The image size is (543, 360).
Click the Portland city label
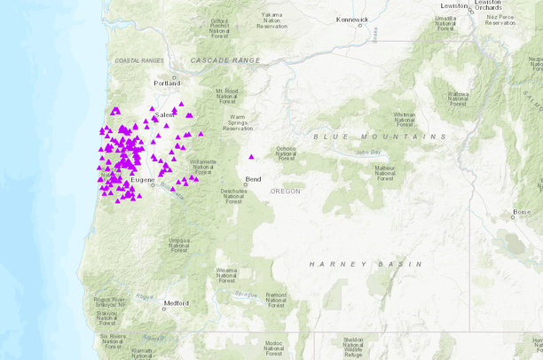click(166, 83)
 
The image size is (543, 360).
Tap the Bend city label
click(254, 179)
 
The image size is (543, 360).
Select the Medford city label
click(176, 303)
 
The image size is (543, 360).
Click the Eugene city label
click(142, 180)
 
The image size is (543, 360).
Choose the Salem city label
click(164, 115)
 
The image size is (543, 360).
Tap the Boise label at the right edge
click(523, 212)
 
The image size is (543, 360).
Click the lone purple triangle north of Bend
click(251, 157)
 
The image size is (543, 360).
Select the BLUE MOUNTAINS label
click(380, 137)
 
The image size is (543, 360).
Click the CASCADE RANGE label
click(225, 59)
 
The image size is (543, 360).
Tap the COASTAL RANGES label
click(139, 59)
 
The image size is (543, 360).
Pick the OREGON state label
click(286, 191)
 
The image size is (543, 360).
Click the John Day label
click(367, 152)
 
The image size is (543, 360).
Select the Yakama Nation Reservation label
click(272, 20)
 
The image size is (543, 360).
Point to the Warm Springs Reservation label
click(237, 122)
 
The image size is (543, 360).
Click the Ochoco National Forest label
click(286, 153)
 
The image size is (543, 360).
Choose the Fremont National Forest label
click(276, 300)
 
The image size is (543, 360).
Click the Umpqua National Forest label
click(179, 245)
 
